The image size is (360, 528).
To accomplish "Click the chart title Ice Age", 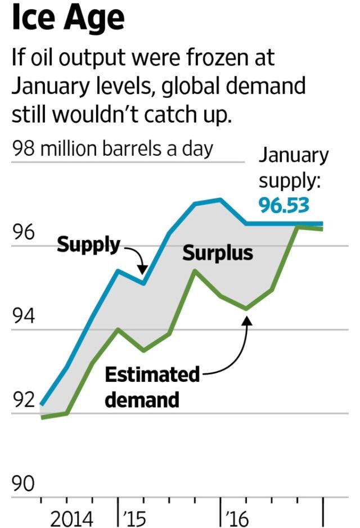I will (67, 18).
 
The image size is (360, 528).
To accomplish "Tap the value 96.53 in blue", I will (283, 206).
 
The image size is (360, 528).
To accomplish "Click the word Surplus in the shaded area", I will (218, 254).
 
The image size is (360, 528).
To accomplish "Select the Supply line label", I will (89, 245).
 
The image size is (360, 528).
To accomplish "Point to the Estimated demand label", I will (152, 387).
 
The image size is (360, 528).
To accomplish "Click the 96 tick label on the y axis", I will (23, 232).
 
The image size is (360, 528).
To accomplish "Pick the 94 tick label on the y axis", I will (23, 317).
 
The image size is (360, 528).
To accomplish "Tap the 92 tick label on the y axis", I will (23, 400).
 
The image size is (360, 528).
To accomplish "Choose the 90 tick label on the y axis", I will (23, 484).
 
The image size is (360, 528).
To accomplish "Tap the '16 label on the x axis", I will (236, 518).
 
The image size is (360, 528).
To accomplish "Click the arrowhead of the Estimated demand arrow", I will (246, 319).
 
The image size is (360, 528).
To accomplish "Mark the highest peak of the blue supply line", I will (220, 199).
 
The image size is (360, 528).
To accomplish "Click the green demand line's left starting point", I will (42, 417).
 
